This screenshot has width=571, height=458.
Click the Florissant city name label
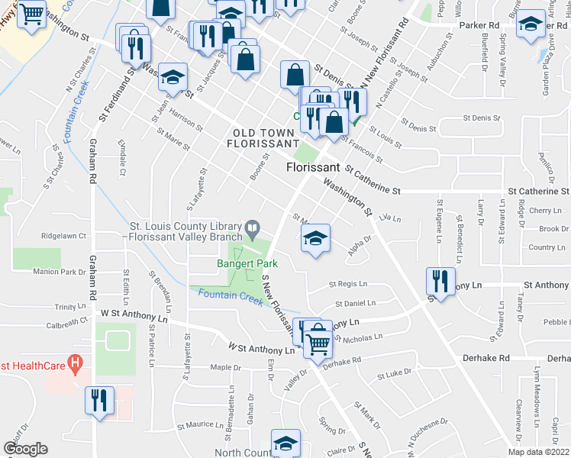(x=314, y=166)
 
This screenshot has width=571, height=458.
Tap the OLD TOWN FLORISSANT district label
(x=265, y=138)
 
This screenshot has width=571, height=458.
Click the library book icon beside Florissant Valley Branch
(x=252, y=227)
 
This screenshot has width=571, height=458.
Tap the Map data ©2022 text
(x=537, y=452)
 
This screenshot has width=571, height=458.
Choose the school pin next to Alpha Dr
(x=315, y=238)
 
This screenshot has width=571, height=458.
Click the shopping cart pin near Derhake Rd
(x=318, y=340)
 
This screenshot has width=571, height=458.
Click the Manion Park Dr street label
(x=59, y=271)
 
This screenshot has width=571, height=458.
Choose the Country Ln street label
(x=547, y=247)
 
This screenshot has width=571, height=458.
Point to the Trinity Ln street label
(x=71, y=306)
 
